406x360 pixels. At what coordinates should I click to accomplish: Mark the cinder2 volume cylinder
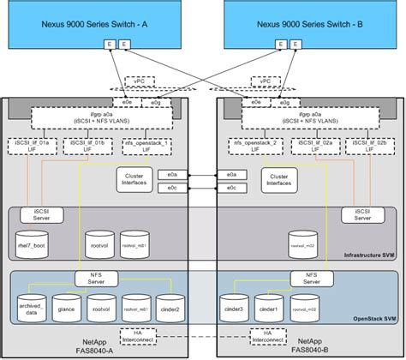tap(169, 307)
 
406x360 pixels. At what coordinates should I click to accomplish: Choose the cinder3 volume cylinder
tap(234, 307)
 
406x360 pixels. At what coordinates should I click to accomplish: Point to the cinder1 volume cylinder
tap(268, 307)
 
